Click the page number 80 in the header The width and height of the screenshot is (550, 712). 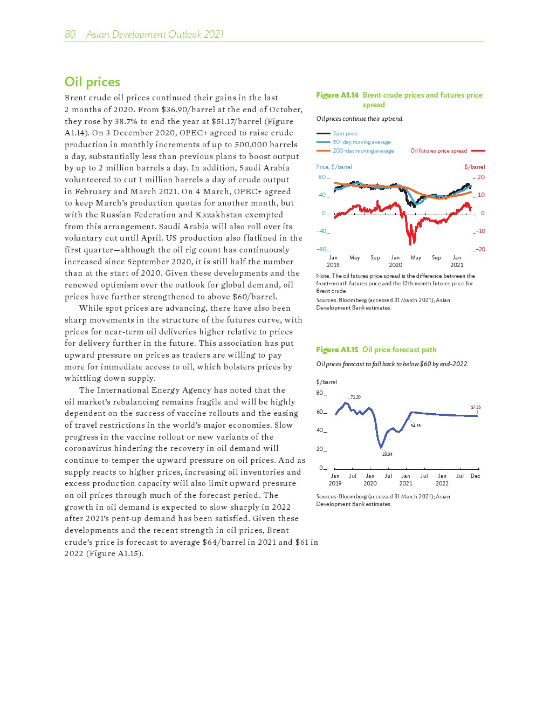[70, 35]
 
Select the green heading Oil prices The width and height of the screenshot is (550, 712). [92, 82]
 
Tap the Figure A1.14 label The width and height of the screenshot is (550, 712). [337, 95]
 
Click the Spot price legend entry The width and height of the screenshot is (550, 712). [345, 133]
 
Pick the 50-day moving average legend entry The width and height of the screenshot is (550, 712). [361, 142]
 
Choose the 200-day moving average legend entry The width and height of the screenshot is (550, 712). [363, 151]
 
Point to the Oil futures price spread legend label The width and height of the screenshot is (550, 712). [438, 151]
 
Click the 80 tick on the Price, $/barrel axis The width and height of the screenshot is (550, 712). [322, 177]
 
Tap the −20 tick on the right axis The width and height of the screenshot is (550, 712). [480, 249]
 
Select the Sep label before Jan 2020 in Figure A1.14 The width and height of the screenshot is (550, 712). [375, 258]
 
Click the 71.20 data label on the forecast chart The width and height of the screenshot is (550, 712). [355, 397]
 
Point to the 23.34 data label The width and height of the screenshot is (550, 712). [387, 454]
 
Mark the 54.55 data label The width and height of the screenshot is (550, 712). [415, 426]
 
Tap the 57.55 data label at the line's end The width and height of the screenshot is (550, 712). [476, 408]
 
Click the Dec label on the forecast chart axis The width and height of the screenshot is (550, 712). [475, 476]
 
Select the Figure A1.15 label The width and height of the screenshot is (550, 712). [337, 350]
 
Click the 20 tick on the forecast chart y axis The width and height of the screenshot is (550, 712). [320, 449]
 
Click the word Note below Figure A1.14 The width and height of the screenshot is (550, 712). [322, 276]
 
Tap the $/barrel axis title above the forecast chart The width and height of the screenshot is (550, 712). [326, 382]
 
